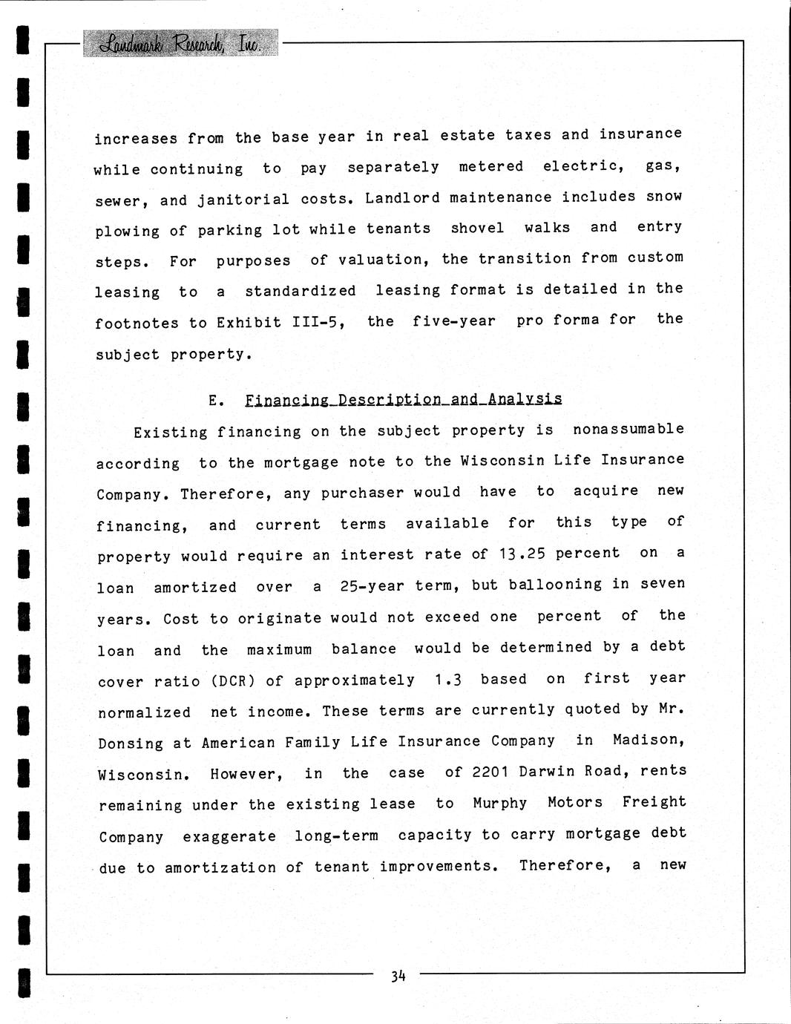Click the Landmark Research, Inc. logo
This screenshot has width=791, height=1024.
[x=181, y=44]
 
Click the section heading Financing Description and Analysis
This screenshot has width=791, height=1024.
[x=403, y=399]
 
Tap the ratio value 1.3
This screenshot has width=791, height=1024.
[x=448, y=680]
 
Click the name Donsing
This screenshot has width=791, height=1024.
[x=131, y=744]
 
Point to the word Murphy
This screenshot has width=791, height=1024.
[x=499, y=804]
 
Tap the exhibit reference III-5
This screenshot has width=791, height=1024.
[x=318, y=323]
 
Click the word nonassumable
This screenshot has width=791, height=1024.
[x=628, y=430]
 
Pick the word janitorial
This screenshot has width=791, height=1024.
[x=243, y=200]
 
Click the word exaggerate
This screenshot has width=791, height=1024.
[x=229, y=836]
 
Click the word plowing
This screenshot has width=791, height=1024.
[x=127, y=232]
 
